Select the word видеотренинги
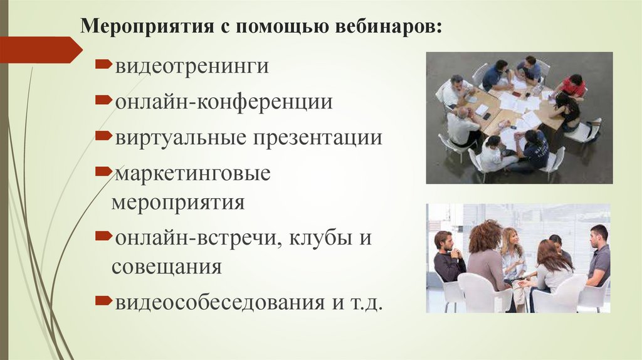(x=191, y=66)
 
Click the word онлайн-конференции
(x=223, y=102)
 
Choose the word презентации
(x=316, y=137)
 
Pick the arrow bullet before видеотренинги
(x=103, y=65)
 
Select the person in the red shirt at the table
(x=573, y=87)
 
